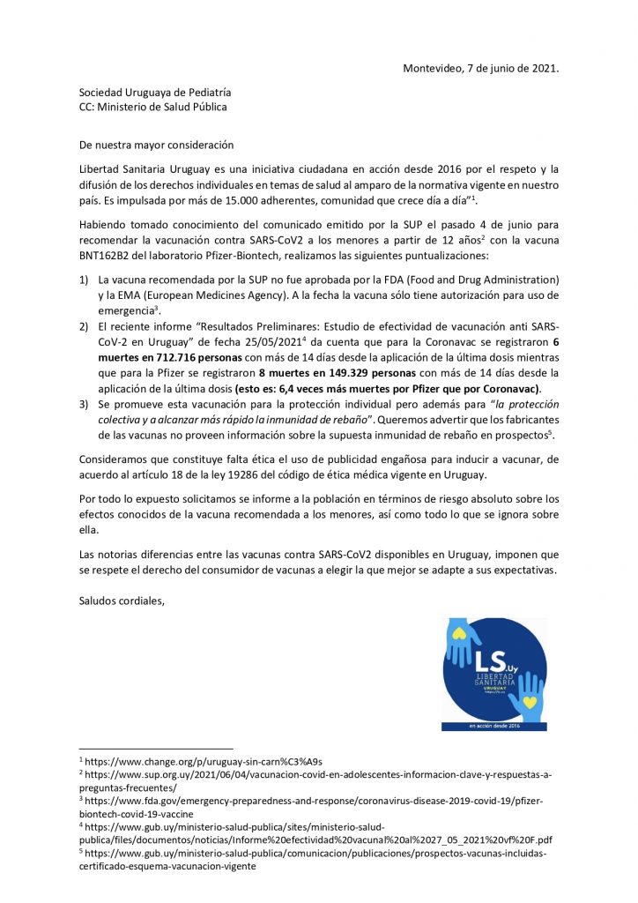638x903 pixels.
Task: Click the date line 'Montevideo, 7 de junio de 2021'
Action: (x=480, y=68)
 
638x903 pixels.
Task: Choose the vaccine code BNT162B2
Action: (x=111, y=256)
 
